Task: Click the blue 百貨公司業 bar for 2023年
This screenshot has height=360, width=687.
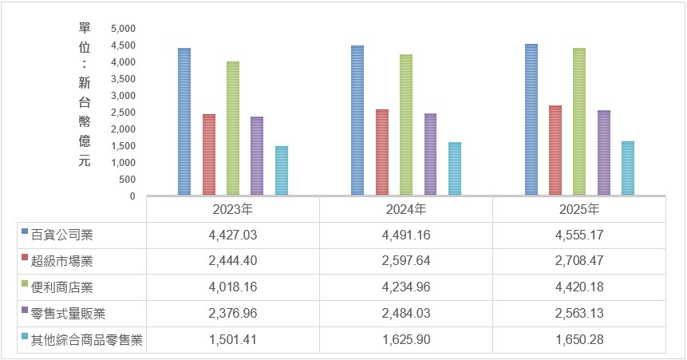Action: pyautogui.click(x=184, y=121)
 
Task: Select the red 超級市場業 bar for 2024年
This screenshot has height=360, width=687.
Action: pyautogui.click(x=382, y=152)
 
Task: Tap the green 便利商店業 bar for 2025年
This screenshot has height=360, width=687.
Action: pyautogui.click(x=579, y=121)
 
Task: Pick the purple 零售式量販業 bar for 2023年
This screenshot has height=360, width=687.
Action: pyautogui.click(x=257, y=156)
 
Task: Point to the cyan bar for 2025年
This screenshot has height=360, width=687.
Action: pyautogui.click(x=628, y=168)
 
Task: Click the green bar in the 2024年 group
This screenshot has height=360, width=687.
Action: pyautogui.click(x=406, y=125)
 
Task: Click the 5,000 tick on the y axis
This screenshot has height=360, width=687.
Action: pyautogui.click(x=123, y=29)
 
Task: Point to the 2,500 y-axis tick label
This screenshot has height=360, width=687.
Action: pyautogui.click(x=123, y=113)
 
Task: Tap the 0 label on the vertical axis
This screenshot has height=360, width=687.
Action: pyautogui.click(x=132, y=196)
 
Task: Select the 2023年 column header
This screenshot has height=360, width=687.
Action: pyautogui.click(x=233, y=209)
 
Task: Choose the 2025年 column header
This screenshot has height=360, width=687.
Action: pyautogui.click(x=579, y=209)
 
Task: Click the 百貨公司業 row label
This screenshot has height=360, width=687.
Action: pyautogui.click(x=61, y=235)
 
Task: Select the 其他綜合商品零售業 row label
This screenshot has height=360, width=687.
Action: pyautogui.click(x=87, y=340)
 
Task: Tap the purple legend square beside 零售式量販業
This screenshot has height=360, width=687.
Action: pyautogui.click(x=25, y=310)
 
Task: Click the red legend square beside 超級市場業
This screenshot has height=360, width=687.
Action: pyautogui.click(x=25, y=257)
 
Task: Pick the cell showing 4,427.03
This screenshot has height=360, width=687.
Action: pyautogui.click(x=233, y=235)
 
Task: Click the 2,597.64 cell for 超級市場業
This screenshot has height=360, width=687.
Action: pyautogui.click(x=406, y=261)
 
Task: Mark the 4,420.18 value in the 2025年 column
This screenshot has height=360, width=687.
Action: pyautogui.click(x=579, y=287)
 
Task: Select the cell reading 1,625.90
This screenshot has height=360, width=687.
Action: pyautogui.click(x=406, y=340)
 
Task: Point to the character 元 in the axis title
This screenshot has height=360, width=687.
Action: pyautogui.click(x=85, y=160)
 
